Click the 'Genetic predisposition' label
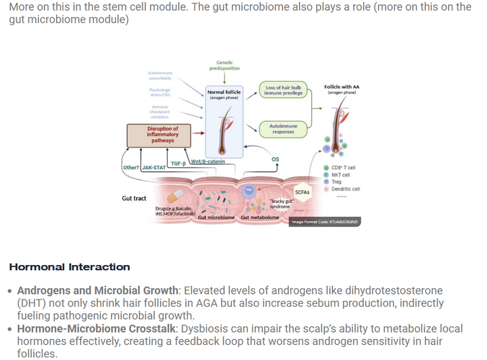(225, 66)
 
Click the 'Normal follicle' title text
(223, 92)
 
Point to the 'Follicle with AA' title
(342, 87)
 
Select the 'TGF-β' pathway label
(178, 163)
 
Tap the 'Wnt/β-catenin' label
(210, 161)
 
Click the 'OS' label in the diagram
(274, 158)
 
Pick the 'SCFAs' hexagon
(303, 192)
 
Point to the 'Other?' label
(130, 168)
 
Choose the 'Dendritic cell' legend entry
(345, 189)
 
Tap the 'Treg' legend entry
(336, 182)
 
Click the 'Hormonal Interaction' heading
(69, 267)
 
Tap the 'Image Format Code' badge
(323, 222)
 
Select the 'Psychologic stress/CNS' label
(160, 93)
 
